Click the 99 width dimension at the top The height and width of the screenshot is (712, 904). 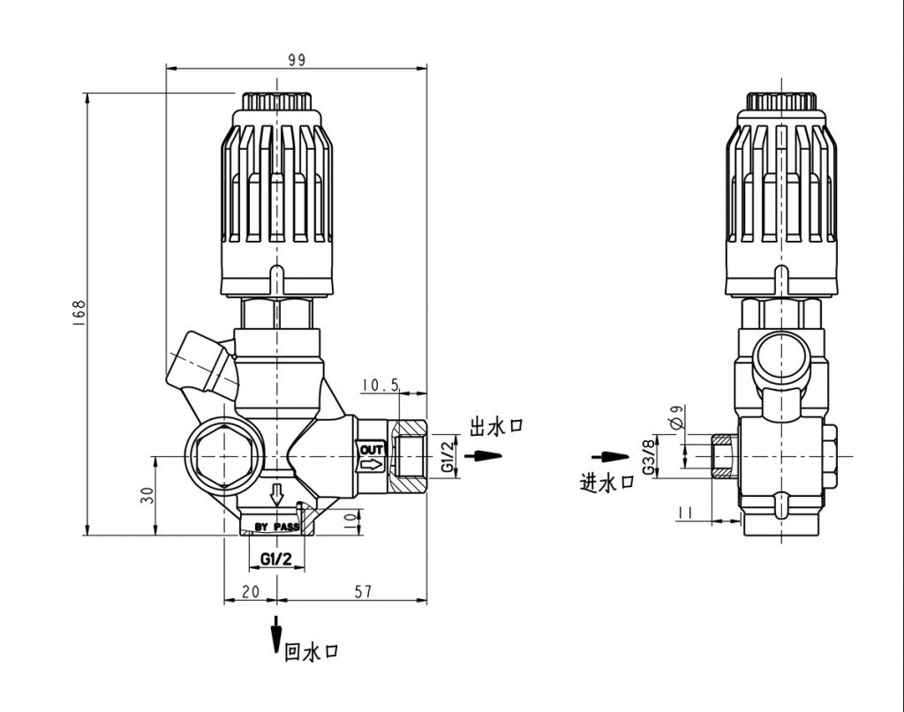tap(297, 59)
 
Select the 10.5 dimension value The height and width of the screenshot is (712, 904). tap(381, 386)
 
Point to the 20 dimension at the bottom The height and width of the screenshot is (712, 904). tap(250, 592)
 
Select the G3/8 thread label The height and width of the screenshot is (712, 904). tap(649, 459)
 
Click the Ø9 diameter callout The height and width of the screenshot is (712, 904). tap(677, 418)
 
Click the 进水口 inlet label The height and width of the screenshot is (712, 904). tap(606, 481)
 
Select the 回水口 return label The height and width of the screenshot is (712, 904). tap(311, 653)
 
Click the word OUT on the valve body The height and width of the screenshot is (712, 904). tap(371, 450)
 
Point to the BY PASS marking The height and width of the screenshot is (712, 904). tap(277, 527)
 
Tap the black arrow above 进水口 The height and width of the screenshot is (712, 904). tap(607, 457)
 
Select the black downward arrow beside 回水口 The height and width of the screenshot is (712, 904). tap(276, 633)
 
